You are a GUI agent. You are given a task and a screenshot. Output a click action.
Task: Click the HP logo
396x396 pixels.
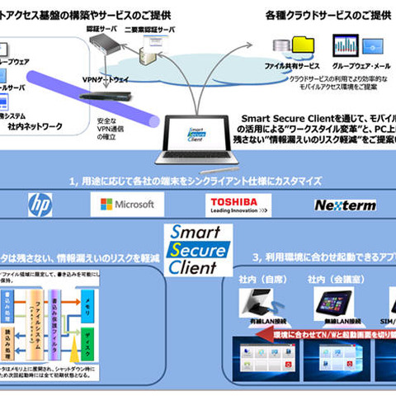[x=39, y=203]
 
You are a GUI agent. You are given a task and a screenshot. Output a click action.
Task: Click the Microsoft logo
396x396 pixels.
[x=128, y=203]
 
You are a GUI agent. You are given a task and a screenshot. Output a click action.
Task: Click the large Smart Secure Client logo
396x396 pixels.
[x=197, y=249]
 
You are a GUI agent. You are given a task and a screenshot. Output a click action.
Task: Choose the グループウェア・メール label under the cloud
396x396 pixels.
[x=360, y=64]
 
